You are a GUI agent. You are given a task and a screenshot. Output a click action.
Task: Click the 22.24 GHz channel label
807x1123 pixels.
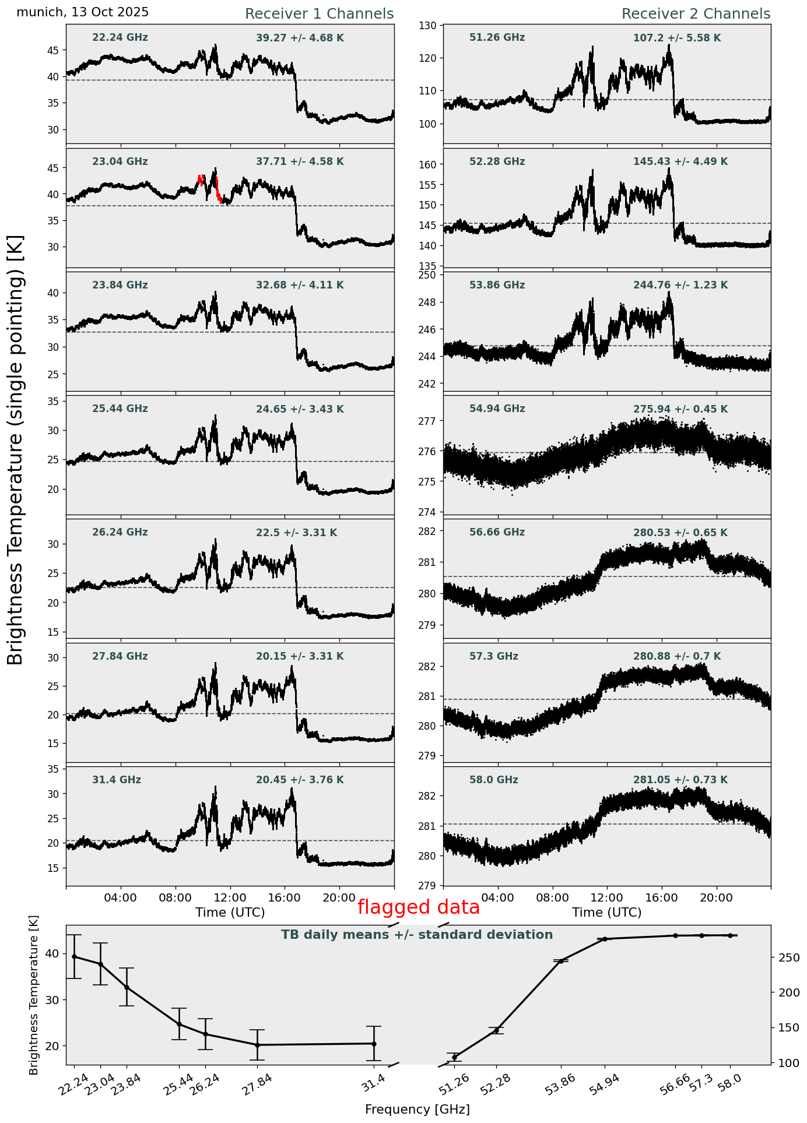point(120,38)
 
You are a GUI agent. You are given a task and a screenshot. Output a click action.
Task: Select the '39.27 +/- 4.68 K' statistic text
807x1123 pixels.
point(300,38)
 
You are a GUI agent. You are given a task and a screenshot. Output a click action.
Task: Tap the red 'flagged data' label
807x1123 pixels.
point(418,907)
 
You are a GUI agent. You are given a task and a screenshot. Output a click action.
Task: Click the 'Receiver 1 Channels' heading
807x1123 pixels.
point(319,14)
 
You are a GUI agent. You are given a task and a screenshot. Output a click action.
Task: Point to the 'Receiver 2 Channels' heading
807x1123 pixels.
point(696,14)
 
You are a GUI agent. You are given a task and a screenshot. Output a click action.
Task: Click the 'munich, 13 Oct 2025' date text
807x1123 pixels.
point(82,12)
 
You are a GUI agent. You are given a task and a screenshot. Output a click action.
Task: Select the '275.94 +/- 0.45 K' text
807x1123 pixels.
point(680,410)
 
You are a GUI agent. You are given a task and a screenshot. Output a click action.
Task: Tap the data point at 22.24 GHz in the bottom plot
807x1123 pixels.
point(74,956)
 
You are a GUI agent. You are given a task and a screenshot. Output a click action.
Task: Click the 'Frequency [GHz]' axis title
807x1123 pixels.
point(417,1110)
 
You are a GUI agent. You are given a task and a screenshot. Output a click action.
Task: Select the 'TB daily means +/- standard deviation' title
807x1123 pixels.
point(417,935)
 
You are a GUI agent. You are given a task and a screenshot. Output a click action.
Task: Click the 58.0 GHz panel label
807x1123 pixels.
point(493,780)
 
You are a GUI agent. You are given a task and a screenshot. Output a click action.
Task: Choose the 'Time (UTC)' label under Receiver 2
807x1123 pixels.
point(606,913)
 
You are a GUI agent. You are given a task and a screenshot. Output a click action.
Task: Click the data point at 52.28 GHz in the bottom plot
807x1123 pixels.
point(496,1030)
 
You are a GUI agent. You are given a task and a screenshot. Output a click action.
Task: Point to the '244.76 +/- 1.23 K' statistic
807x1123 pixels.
point(680,286)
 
